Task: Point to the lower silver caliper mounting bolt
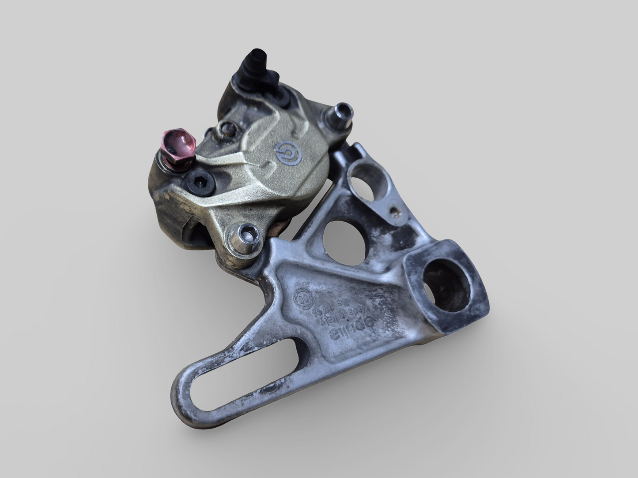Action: click(245, 236)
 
